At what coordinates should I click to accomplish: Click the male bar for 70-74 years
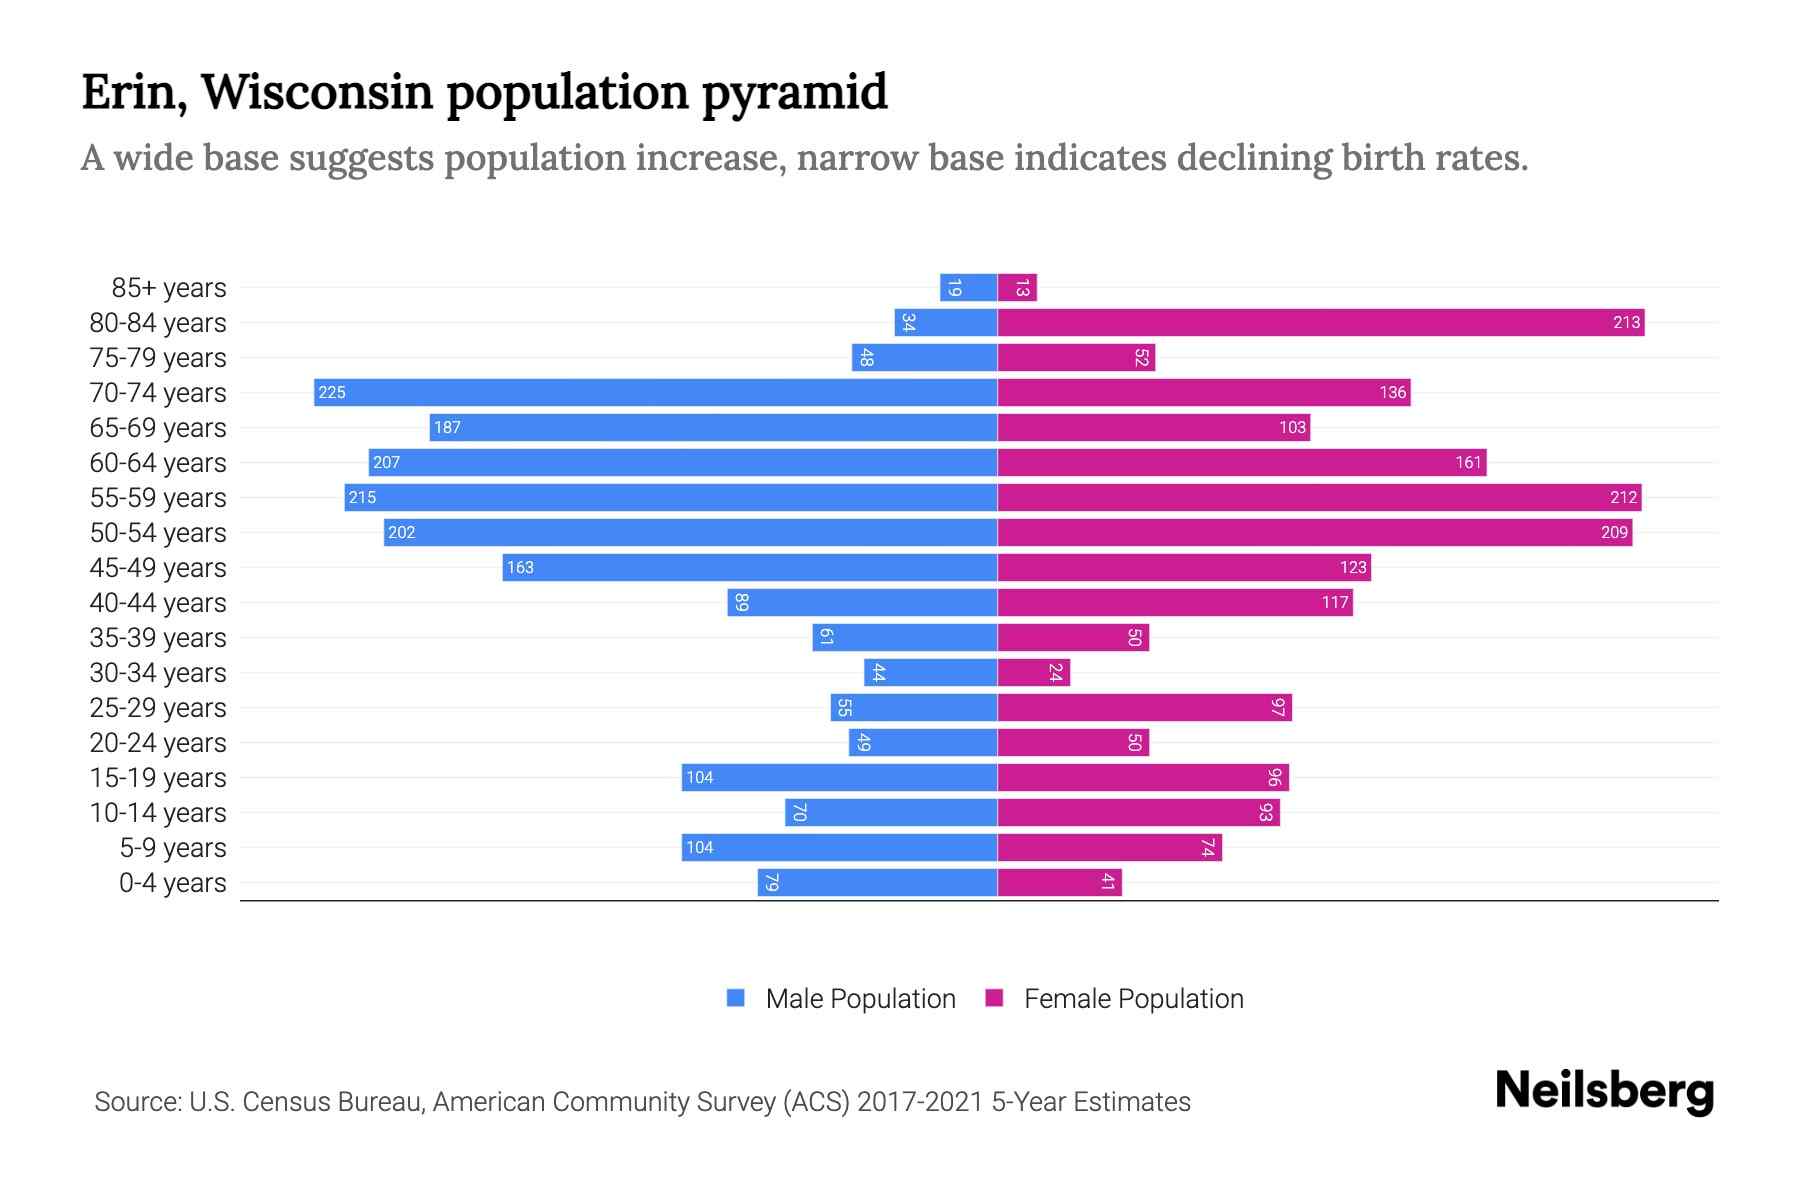point(655,392)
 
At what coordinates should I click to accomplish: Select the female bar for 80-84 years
point(1320,322)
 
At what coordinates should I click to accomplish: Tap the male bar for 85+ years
point(968,287)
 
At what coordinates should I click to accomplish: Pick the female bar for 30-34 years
point(1034,672)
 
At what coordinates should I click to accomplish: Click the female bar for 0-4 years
point(1060,882)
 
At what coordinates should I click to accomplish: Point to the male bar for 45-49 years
point(750,567)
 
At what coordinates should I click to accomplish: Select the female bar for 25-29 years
point(1145,707)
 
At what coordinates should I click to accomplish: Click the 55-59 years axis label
point(158,498)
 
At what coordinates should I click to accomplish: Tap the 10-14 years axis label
point(158,813)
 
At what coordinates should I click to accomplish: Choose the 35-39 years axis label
point(158,638)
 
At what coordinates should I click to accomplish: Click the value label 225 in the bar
point(332,392)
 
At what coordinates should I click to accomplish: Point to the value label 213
point(1626,322)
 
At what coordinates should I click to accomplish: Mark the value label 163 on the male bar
point(520,567)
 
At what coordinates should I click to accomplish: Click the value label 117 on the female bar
point(1335,602)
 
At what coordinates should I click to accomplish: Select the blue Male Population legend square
point(736,998)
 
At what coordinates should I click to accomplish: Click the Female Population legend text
point(1133,998)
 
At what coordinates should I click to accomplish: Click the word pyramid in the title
point(794,92)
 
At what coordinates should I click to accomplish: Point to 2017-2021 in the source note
point(920,1102)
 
